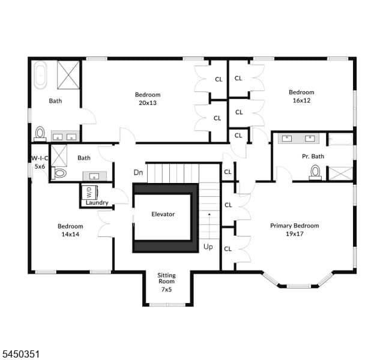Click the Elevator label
[x=163, y=214]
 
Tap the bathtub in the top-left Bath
[x=40, y=75]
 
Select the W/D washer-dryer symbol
[x=89, y=192]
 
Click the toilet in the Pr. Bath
[x=315, y=172]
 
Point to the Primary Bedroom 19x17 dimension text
[x=295, y=233]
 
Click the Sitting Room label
[x=166, y=278]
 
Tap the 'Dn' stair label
[x=138, y=172]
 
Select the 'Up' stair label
[x=208, y=247]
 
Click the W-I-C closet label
[x=40, y=158]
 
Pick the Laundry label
[x=97, y=203]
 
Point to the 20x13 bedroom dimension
[x=148, y=103]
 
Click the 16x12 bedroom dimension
[x=302, y=100]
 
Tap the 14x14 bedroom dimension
[x=70, y=234]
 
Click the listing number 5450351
[x=21, y=354]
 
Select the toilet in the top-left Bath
[x=40, y=134]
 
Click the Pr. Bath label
[x=313, y=157]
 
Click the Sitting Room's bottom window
[x=167, y=305]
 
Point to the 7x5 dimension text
[x=166, y=289]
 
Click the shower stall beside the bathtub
[x=68, y=75]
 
